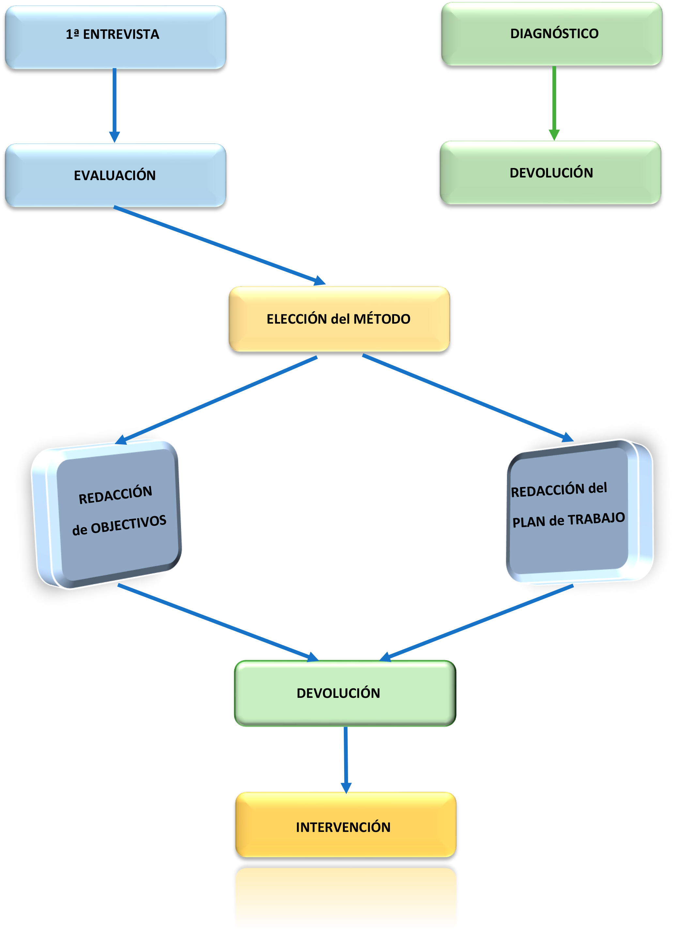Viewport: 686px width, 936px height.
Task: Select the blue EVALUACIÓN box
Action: (115, 175)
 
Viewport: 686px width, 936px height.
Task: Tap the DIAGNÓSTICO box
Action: (552, 33)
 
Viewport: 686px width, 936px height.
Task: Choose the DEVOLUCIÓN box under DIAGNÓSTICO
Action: (550, 172)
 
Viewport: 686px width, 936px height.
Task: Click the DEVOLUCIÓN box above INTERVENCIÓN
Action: (345, 693)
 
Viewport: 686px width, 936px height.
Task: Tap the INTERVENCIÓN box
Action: (345, 827)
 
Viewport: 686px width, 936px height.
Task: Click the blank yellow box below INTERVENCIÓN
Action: (345, 897)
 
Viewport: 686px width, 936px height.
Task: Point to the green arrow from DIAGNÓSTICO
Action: (554, 100)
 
